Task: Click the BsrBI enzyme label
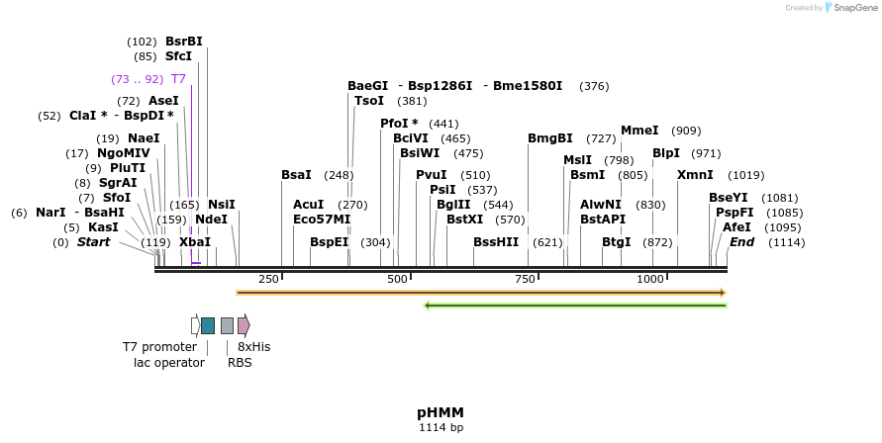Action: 184,42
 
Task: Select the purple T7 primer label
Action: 178,78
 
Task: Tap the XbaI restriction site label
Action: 195,241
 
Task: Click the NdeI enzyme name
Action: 211,219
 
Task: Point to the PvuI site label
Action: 432,174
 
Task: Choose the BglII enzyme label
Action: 454,204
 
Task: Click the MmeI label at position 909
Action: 639,131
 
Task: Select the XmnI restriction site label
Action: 695,174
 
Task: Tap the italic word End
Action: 742,241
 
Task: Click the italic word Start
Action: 94,241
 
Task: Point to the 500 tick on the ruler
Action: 397,279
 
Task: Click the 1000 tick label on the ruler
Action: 650,279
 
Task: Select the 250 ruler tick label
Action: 268,279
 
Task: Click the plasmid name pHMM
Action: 441,412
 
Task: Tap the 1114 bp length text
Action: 441,428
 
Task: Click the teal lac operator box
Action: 208,325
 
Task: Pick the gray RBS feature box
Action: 227,325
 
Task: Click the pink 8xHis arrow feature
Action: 244,325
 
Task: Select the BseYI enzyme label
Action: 729,197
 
